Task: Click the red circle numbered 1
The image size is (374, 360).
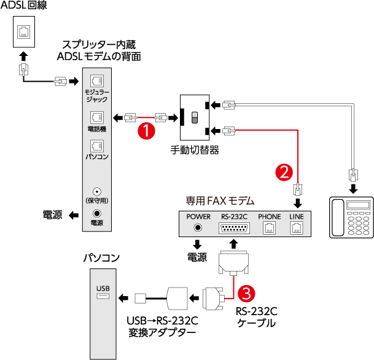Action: [146, 130]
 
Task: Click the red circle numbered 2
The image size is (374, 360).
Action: [284, 172]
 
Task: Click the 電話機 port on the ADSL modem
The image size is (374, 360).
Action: [96, 116]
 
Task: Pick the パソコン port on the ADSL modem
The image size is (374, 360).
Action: [96, 146]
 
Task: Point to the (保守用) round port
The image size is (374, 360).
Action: [96, 191]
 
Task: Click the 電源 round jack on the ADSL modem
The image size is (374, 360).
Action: [96, 213]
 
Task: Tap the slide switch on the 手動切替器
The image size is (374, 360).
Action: [195, 117]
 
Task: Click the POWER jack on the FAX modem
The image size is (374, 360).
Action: [198, 227]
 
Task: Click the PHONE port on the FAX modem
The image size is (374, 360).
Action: [269, 227]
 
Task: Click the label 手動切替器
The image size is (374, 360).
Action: [195, 150]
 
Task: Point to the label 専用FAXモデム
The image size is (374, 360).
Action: [220, 201]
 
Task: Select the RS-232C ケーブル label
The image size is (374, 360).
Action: [255, 316]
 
